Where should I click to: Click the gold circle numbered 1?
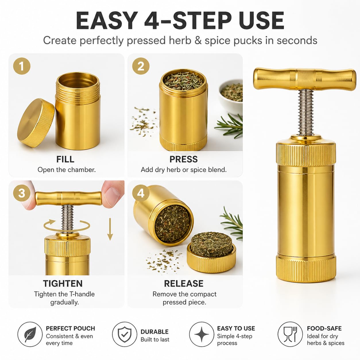coord(22,66)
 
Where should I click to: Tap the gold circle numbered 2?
coord(141,66)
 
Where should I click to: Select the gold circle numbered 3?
coord(22,193)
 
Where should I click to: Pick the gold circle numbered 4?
coord(141,193)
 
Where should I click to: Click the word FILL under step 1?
coord(65,159)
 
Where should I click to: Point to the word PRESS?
coord(183,159)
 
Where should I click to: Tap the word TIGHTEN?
coord(63,283)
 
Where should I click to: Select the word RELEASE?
coord(184,283)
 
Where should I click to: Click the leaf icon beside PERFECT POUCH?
coord(30,334)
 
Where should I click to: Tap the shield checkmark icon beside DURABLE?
coord(125,334)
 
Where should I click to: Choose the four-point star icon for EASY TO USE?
coord(202,334)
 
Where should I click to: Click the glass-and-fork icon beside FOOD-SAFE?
coord(290,334)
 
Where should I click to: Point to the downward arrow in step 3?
coord(110,229)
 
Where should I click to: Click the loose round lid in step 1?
coord(36,123)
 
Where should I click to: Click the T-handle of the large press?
coord(305,79)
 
